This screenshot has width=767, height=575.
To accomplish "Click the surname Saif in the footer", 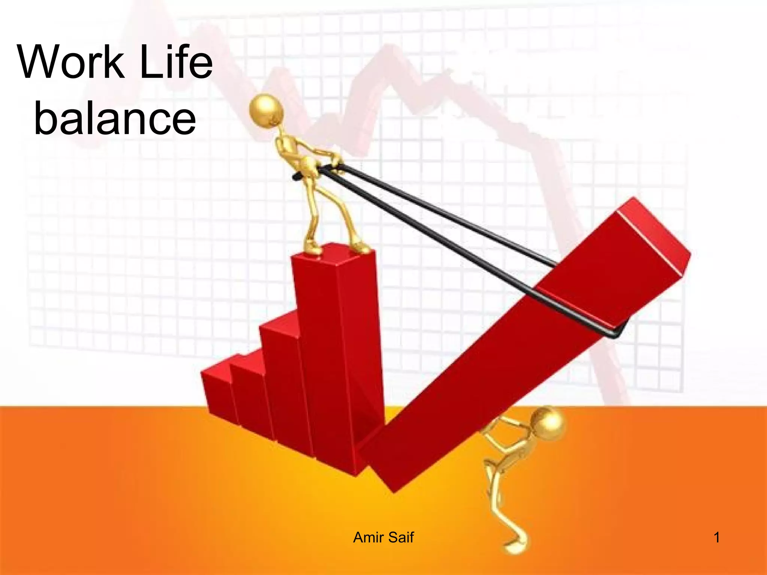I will pyautogui.click(x=400, y=538).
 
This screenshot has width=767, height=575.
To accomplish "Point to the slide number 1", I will pyautogui.click(x=717, y=538).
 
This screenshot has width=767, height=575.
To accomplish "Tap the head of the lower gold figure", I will pyautogui.click(x=547, y=425).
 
